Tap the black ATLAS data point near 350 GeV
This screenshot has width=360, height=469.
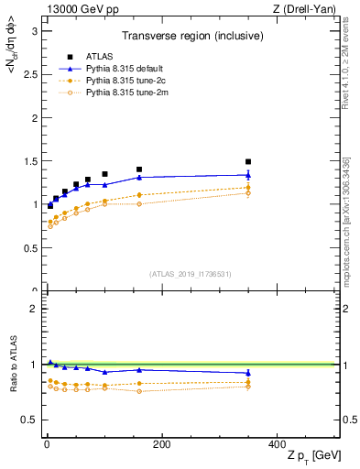click(x=248, y=161)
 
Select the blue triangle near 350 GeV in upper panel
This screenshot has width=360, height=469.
click(x=248, y=175)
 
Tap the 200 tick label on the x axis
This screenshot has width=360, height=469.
click(x=161, y=444)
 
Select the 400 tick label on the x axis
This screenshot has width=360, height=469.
click(x=277, y=444)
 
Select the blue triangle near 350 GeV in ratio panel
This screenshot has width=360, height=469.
click(x=248, y=373)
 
